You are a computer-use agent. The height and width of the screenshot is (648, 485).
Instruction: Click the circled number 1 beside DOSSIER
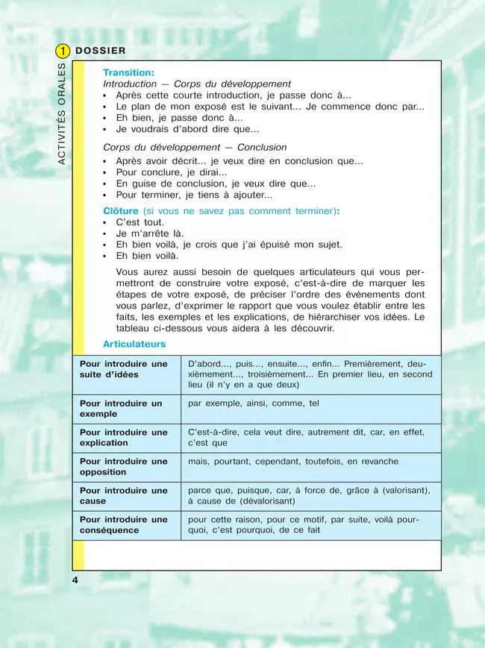point(63,51)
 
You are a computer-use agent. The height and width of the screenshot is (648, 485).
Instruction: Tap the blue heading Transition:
point(128,73)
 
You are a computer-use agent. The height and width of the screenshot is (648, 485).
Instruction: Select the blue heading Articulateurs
point(134,345)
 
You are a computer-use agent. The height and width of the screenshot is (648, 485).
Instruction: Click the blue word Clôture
point(121,211)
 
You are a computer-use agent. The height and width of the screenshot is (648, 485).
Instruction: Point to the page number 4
point(75,580)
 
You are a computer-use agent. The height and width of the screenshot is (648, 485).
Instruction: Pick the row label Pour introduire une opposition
point(124,467)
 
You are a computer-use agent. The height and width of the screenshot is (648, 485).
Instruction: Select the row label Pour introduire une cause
point(124,496)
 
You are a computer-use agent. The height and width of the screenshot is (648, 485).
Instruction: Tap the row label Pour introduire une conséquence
point(124,525)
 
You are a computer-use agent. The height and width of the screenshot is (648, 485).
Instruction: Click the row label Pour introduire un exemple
point(121,409)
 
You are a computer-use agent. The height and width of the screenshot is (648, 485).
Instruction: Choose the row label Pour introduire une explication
point(124,438)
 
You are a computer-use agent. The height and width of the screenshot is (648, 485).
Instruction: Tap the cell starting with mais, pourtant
point(293,462)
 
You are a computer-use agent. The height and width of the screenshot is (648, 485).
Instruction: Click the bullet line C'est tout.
point(140,222)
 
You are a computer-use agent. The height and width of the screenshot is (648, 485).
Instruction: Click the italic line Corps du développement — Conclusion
point(195,148)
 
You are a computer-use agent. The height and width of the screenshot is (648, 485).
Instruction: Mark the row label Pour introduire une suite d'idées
point(124,369)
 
